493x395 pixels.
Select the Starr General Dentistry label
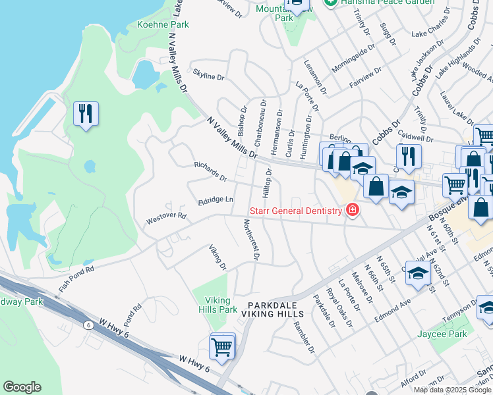(295, 211)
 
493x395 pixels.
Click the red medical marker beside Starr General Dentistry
(353, 210)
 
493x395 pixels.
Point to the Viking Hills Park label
(217, 305)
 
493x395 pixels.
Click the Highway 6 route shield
(88, 325)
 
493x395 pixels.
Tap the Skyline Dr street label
(208, 76)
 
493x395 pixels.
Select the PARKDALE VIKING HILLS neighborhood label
(277, 311)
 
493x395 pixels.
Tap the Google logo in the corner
(22, 387)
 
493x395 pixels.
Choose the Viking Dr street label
(217, 257)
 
